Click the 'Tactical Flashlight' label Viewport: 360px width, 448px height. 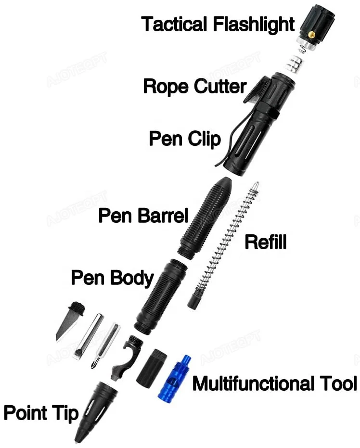(218, 24)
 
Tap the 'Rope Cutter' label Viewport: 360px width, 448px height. (194, 87)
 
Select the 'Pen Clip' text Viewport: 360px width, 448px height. (184, 139)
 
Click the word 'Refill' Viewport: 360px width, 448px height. (265, 242)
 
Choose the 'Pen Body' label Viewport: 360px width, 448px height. (112, 278)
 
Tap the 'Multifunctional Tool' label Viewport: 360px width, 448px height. (274, 384)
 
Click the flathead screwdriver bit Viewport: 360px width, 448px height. (87, 336)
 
